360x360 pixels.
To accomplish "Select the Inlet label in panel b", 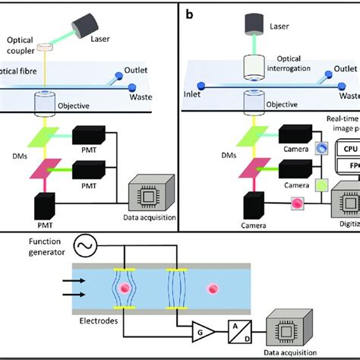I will [194, 96].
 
